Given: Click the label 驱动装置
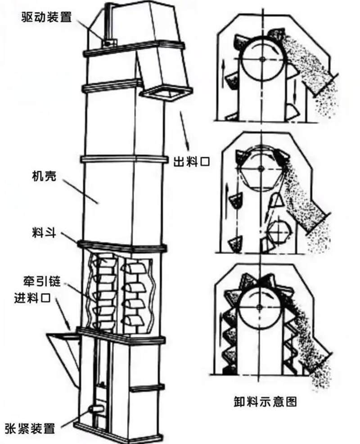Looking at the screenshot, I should [x=45, y=17].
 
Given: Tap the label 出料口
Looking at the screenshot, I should [x=192, y=161].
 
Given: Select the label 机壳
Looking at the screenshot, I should [x=44, y=176].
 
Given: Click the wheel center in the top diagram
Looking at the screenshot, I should [x=262, y=59].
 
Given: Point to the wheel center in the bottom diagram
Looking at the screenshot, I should [x=260, y=306].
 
